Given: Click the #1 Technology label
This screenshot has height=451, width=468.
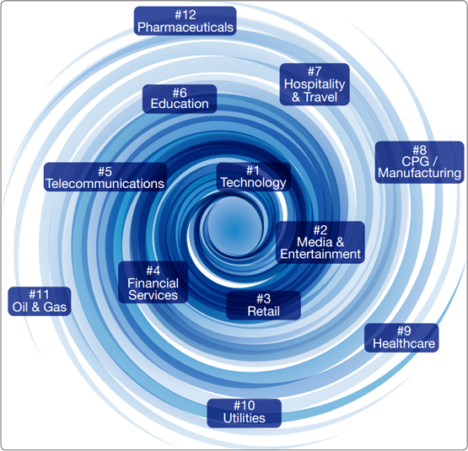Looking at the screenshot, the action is point(254,177).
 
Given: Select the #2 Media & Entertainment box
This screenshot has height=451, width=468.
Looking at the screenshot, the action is point(320,243).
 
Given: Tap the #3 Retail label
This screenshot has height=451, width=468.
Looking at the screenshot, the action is point(264,305).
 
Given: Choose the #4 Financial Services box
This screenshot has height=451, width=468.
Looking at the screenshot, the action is point(153,282).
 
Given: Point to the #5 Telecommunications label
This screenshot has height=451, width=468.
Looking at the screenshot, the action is point(105,177).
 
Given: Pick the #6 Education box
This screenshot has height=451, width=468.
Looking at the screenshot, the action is point(180,99).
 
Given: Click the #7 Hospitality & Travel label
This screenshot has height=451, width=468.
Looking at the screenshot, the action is point(315,84).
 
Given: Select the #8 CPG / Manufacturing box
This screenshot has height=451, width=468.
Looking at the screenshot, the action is point(420,163).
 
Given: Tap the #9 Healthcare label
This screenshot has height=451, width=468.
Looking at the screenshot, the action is point(401,338).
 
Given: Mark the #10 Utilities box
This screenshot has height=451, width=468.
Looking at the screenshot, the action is point(245,413).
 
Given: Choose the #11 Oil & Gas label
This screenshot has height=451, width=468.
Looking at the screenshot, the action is point(40,302).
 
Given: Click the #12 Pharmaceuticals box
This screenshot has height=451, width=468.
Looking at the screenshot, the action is point(185,21).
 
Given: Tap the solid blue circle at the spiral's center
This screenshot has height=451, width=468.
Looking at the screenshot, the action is point(234,228).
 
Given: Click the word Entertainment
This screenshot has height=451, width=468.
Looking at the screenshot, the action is point(320,255).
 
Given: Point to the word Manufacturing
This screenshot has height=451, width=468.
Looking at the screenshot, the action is point(420,174).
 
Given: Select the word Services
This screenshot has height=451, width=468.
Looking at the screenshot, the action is point(153,296).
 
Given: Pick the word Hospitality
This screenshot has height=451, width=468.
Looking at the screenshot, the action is point(315,84).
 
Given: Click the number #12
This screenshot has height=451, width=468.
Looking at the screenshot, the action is point(185,14).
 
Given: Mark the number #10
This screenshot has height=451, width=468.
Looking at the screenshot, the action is point(245,406).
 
